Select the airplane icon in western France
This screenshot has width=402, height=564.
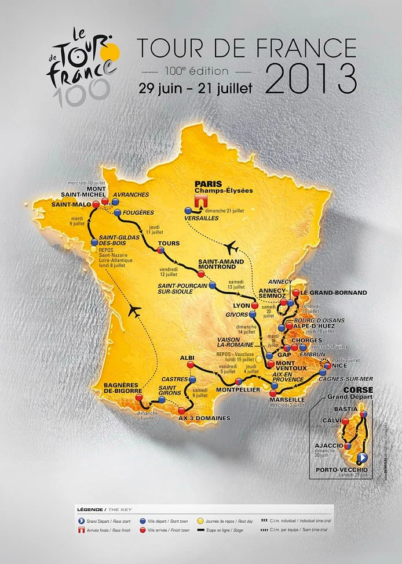[x=136, y=311]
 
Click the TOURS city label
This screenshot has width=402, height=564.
[x=169, y=244]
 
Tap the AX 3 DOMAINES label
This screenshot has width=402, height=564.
[x=204, y=417]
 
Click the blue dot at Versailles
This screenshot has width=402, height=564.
[x=188, y=211]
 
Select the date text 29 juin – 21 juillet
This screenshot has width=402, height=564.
[x=196, y=89]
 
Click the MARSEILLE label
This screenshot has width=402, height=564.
[x=287, y=399]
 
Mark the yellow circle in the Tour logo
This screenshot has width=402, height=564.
[x=112, y=53]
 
